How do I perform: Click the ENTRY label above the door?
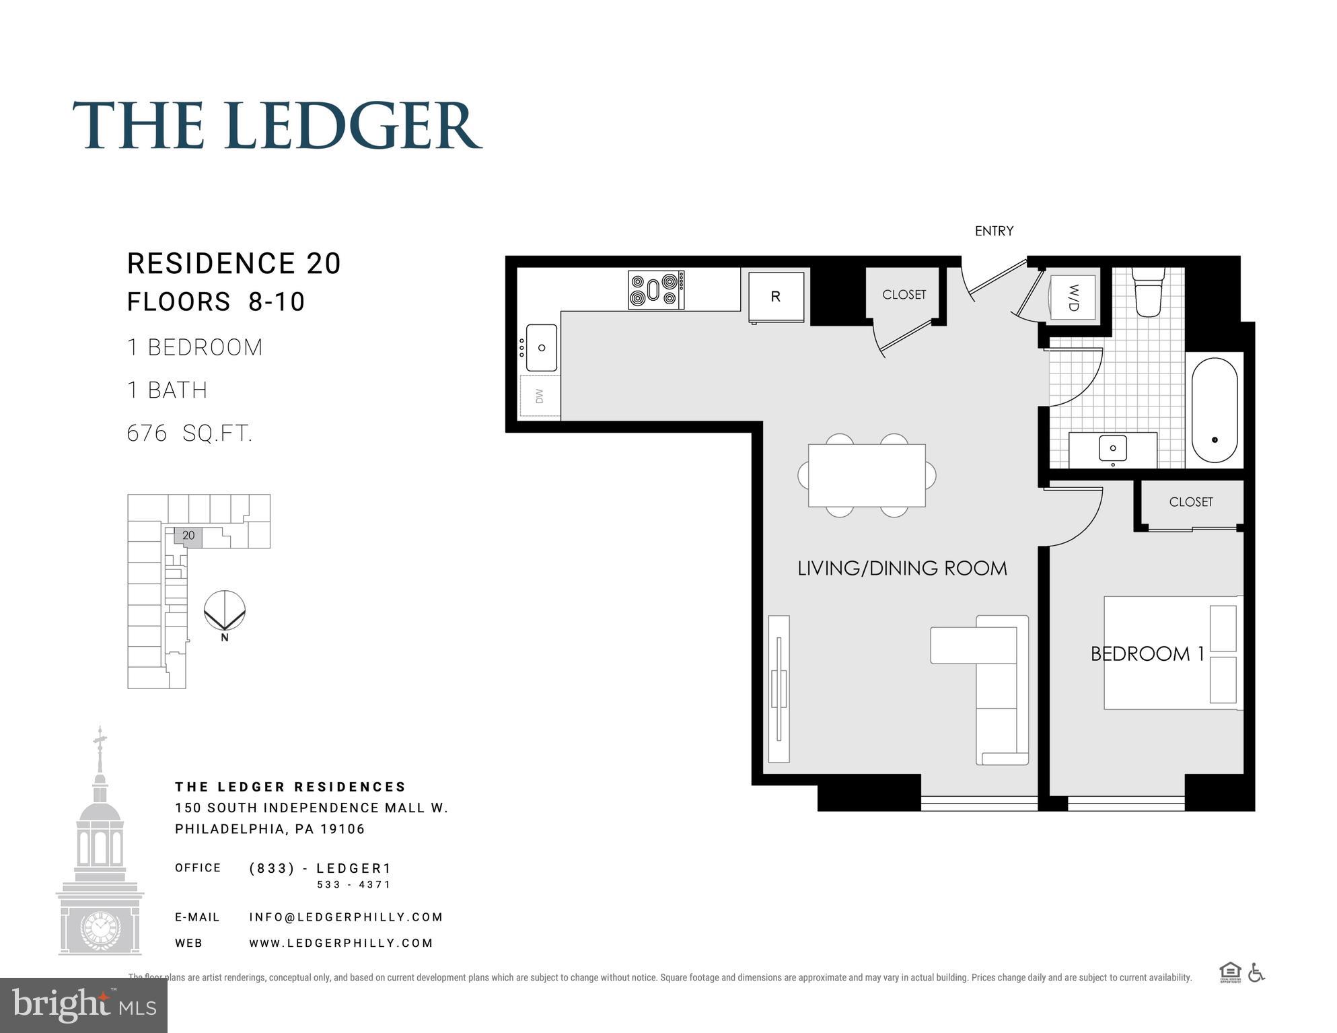[994, 231]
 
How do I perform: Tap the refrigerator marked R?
[776, 297]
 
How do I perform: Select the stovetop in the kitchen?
[656, 290]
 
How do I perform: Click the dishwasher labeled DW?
[540, 396]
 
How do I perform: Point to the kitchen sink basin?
[542, 347]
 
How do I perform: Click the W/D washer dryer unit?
[1073, 297]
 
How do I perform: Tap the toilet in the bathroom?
[1148, 292]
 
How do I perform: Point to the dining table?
[867, 475]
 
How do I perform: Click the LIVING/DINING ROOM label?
[902, 569]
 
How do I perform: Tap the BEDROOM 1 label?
[1147, 653]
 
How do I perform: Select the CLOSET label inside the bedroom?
[1190, 502]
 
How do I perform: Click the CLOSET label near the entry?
[904, 295]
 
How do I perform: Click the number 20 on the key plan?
[188, 536]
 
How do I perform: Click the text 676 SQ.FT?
[190, 433]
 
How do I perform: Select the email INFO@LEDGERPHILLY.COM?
[346, 917]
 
